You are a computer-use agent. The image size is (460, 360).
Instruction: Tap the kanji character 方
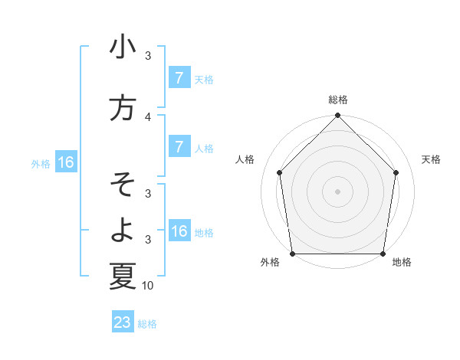123,108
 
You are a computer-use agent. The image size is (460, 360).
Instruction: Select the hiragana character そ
123,185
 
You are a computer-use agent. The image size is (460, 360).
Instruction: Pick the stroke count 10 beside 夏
148,286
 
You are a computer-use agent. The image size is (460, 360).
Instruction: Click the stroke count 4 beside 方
148,116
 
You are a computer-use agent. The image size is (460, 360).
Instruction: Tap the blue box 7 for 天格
179,77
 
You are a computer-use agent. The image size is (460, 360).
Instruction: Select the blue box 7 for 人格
179,146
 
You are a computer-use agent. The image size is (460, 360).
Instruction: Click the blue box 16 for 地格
179,231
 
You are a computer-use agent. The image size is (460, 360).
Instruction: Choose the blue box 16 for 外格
66,162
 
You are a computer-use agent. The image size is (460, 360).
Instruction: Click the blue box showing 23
123,322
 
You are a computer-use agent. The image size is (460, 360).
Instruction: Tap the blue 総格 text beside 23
147,323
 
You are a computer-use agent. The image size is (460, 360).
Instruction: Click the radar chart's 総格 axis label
338,100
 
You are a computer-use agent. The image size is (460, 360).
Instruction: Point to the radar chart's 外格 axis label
270,262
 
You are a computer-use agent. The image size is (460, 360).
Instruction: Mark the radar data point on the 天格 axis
396,172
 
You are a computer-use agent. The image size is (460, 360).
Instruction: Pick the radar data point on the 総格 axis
338,116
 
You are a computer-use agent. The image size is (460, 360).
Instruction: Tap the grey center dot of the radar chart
338,191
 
